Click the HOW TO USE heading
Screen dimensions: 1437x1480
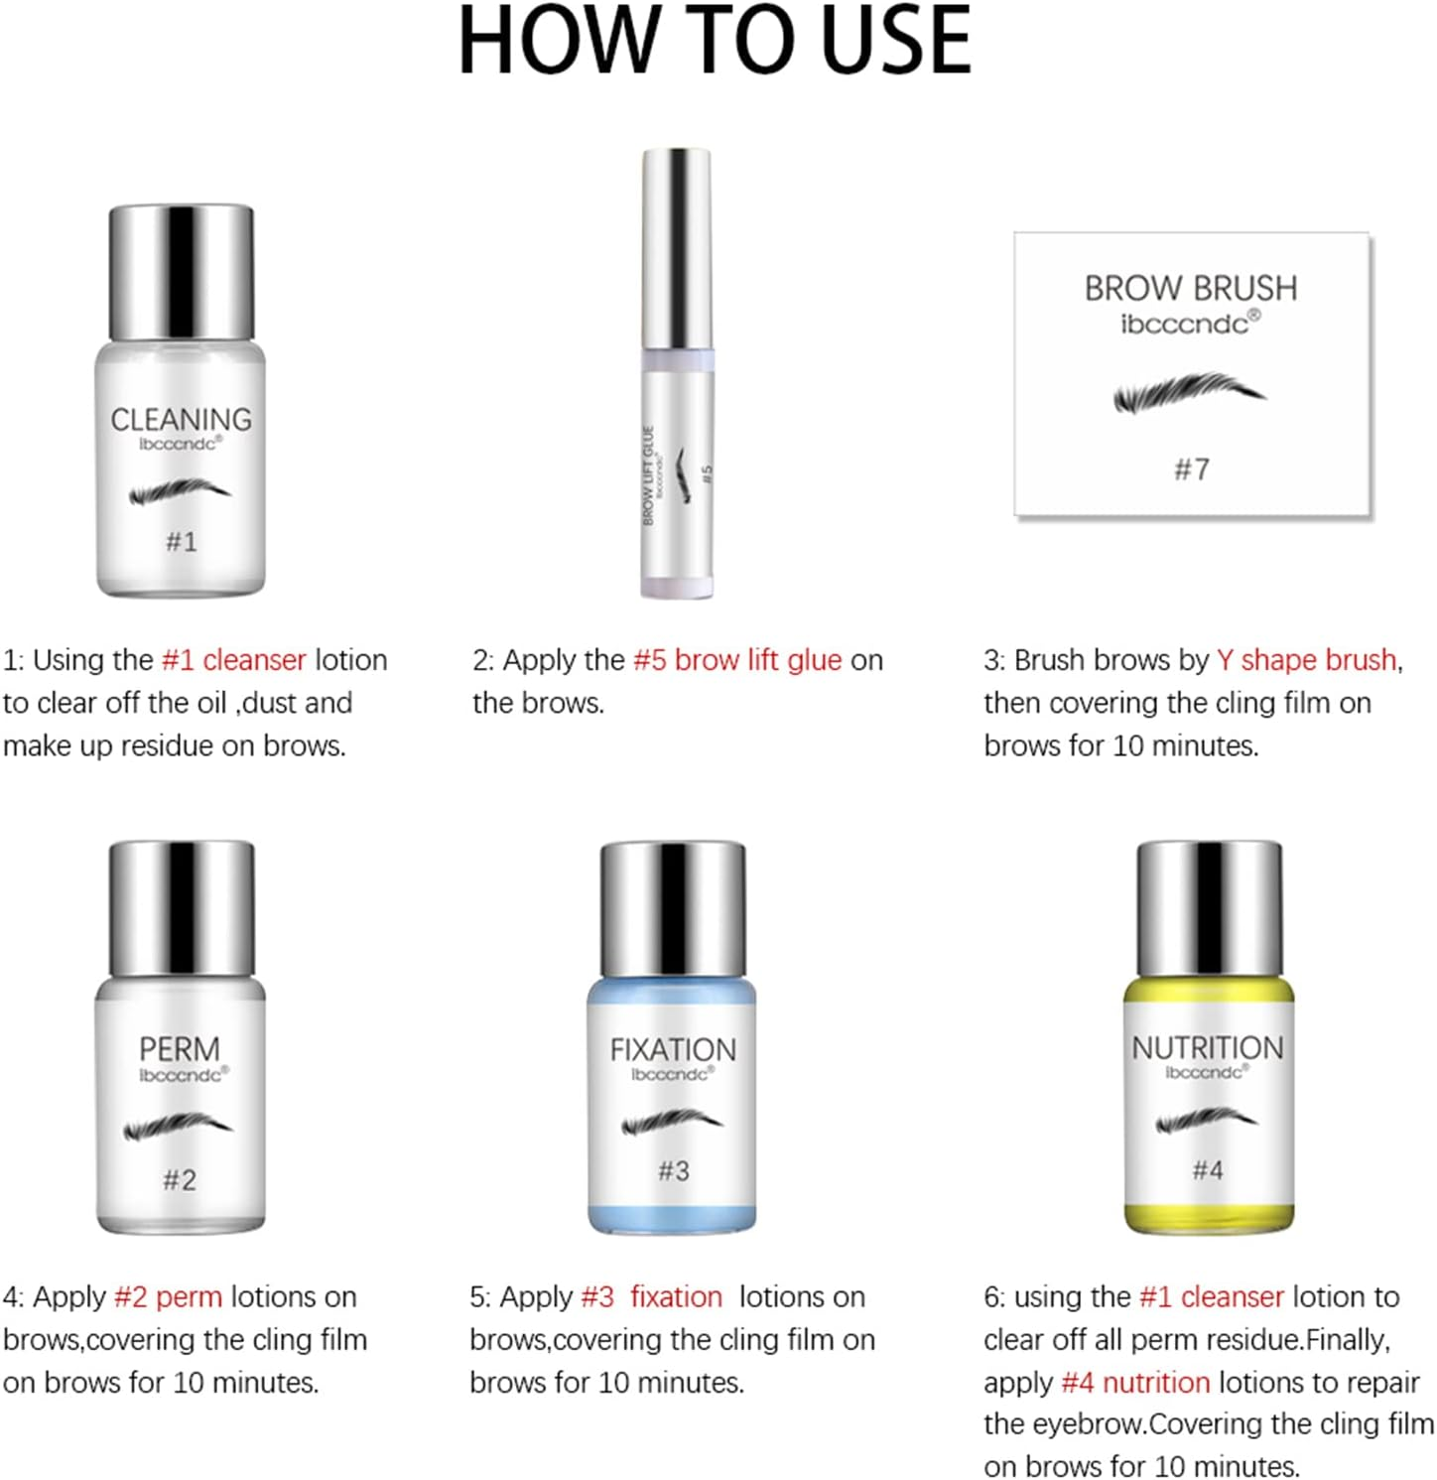(x=715, y=41)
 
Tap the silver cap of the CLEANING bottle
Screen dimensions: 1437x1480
(x=181, y=272)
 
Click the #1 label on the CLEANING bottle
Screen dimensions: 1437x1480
(x=181, y=542)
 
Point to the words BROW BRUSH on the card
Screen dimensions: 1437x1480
(x=1191, y=289)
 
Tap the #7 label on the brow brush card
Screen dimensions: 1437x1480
(x=1192, y=470)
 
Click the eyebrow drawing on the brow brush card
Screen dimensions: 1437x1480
(x=1190, y=392)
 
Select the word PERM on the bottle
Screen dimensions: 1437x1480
(x=180, y=1049)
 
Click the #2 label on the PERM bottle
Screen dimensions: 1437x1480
(x=180, y=1180)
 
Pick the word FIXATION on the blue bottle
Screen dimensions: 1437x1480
(x=673, y=1049)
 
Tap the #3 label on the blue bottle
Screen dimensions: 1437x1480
(x=673, y=1171)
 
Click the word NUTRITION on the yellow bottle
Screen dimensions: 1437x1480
(x=1208, y=1047)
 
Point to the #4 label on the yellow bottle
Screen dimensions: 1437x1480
(x=1208, y=1170)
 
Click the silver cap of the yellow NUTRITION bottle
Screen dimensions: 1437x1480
(x=1209, y=908)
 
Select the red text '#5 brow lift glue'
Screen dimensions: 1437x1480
(x=737, y=660)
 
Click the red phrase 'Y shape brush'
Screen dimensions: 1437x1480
(x=1307, y=660)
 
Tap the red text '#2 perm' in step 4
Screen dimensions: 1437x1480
(x=169, y=1297)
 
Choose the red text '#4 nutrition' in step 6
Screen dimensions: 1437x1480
(x=1135, y=1383)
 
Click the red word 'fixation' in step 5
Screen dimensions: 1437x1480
(x=677, y=1297)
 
